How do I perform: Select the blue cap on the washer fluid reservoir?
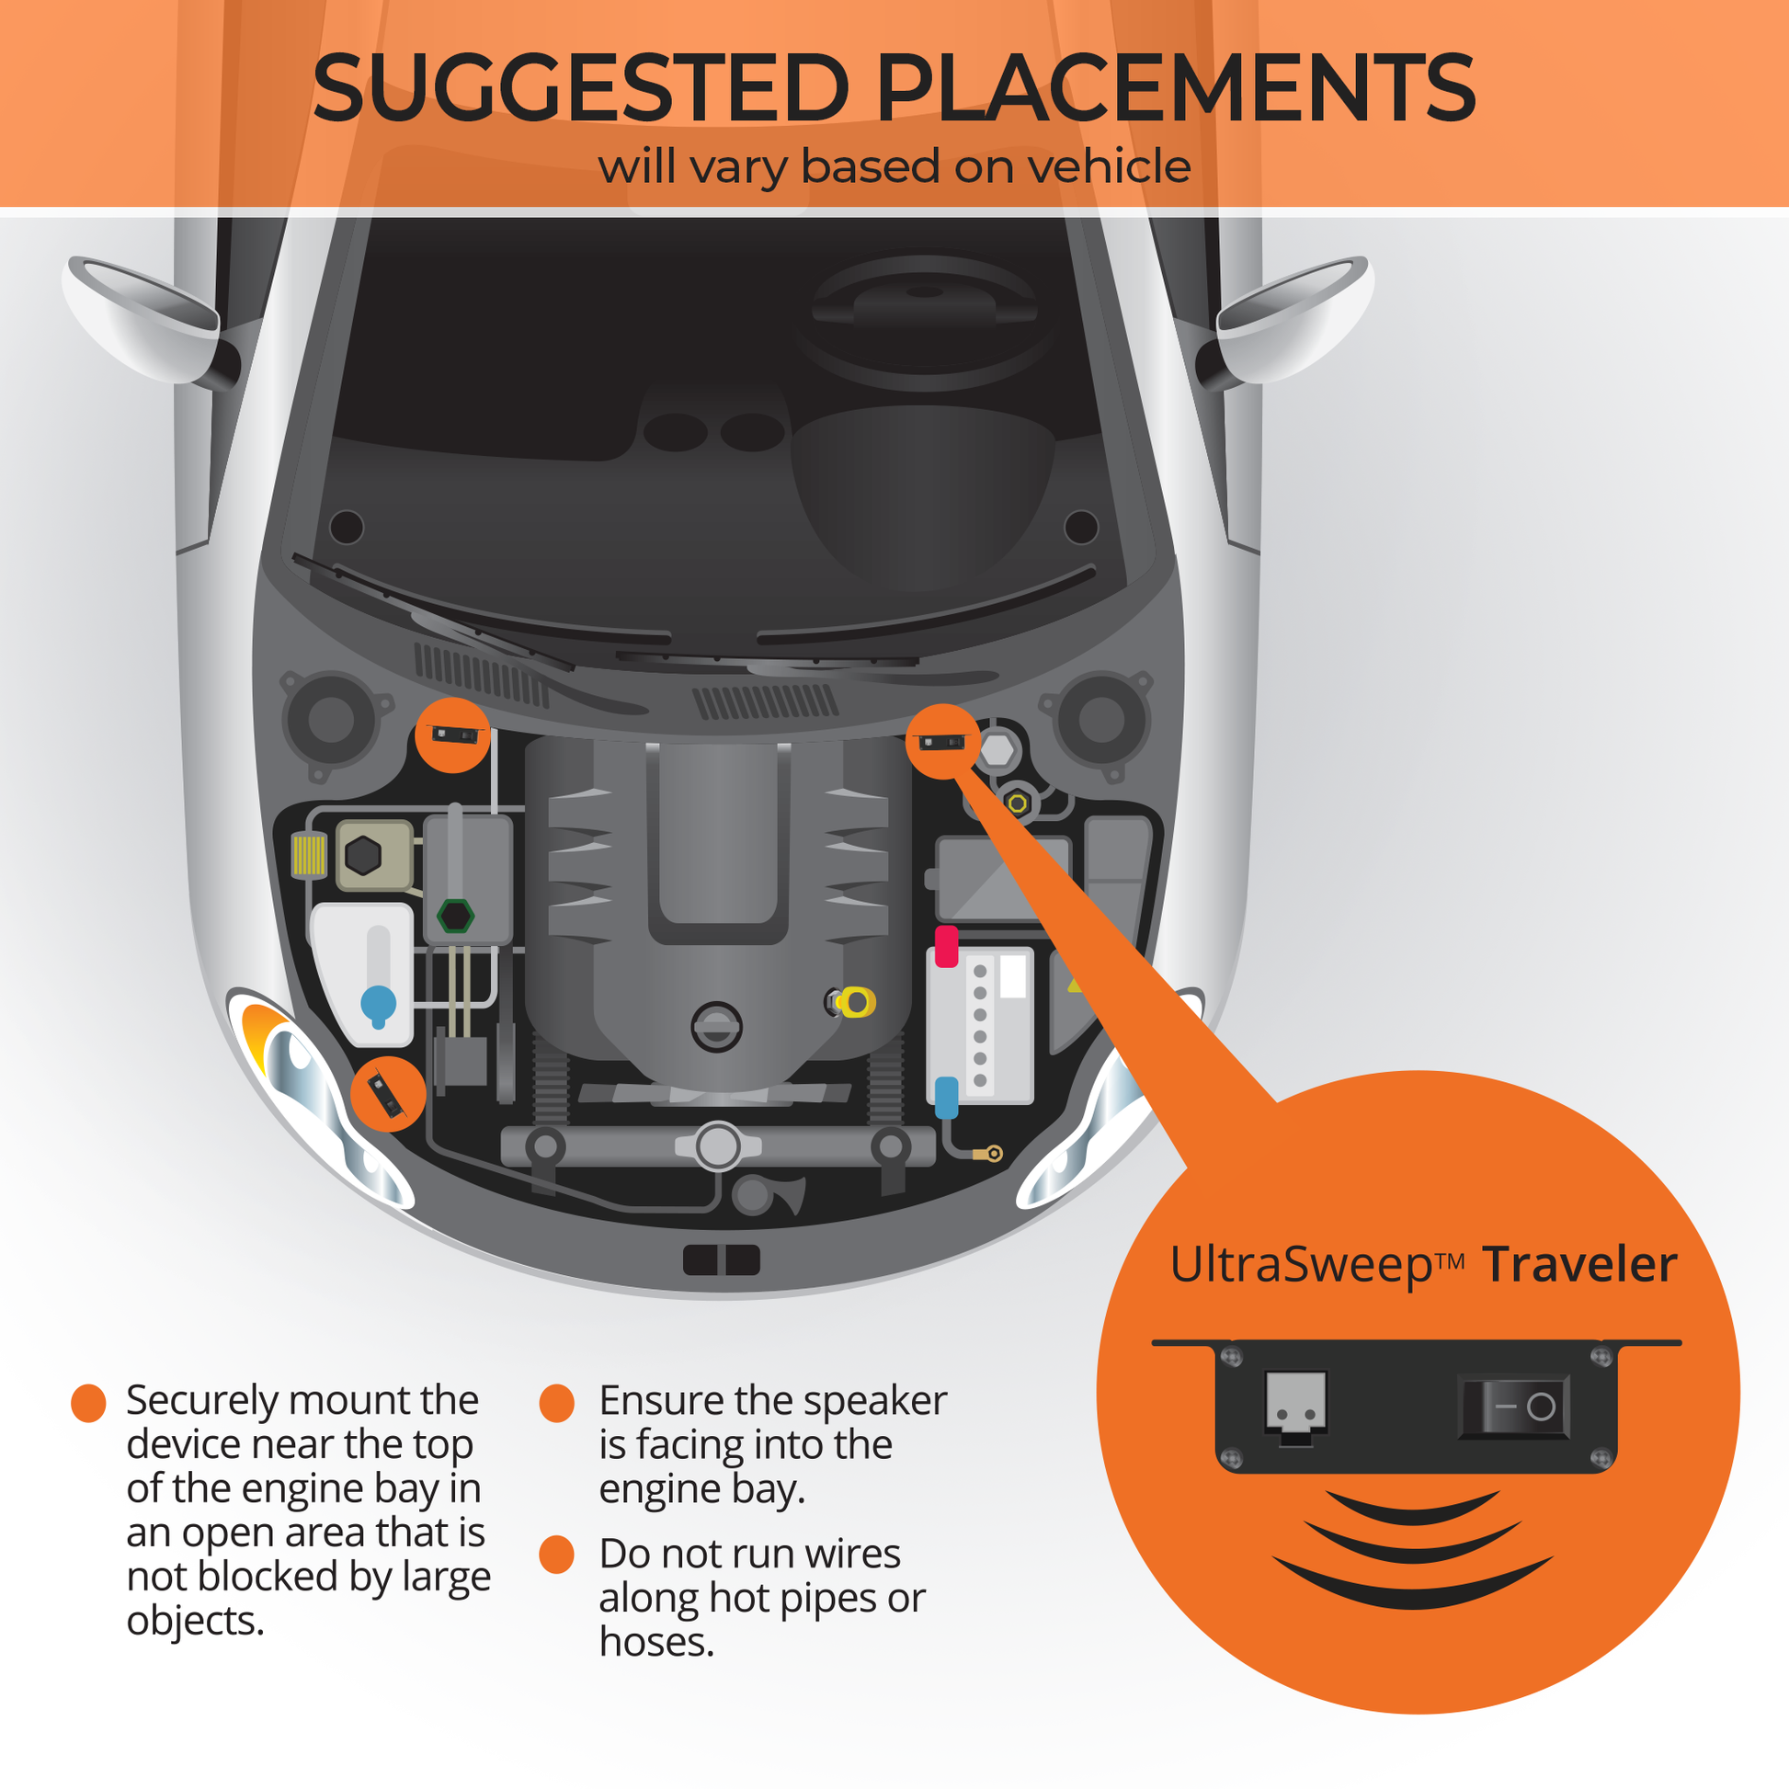tap(378, 1004)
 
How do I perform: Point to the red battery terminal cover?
tap(945, 945)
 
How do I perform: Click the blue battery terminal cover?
tap(945, 1097)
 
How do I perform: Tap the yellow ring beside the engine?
tap(857, 1002)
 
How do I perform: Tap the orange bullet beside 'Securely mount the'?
tap(89, 1403)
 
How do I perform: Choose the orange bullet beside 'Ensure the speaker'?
tap(556, 1403)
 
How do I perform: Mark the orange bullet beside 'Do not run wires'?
tap(556, 1555)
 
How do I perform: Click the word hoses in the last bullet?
tap(655, 1643)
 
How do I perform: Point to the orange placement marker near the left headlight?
tap(388, 1094)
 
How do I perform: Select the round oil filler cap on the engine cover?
tap(717, 1027)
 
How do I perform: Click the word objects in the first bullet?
tap(195, 1621)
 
